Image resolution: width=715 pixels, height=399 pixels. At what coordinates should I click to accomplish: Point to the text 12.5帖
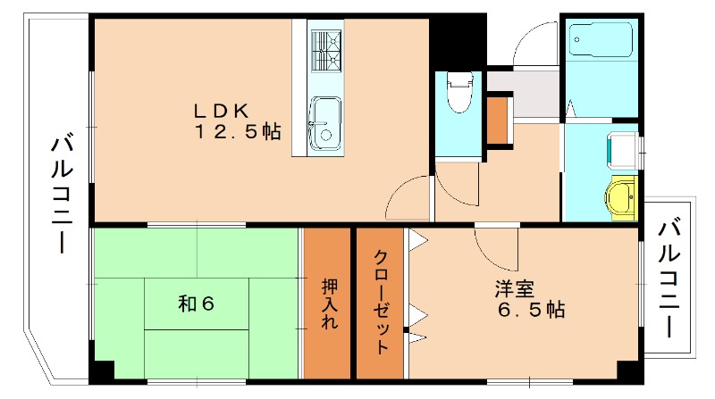(238, 132)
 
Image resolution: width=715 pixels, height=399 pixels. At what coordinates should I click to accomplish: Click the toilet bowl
(458, 93)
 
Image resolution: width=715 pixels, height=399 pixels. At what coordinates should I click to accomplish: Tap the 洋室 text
(515, 289)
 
